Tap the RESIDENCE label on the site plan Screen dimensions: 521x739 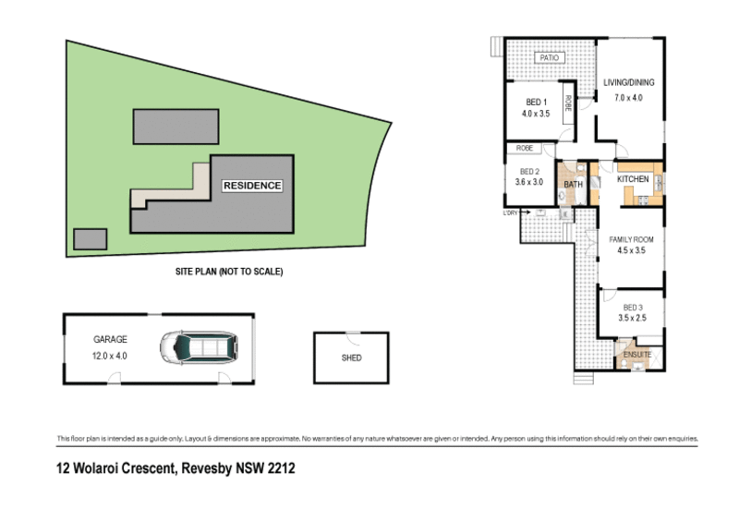252,186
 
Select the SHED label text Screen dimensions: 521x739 351,357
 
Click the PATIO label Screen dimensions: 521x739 551,58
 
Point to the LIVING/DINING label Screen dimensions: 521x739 628,83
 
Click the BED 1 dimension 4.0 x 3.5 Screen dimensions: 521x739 536,114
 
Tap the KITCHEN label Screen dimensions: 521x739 633,179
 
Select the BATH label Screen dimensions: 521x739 573,185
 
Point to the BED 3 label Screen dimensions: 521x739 632,308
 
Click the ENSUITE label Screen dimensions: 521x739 637,354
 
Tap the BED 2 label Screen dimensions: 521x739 529,171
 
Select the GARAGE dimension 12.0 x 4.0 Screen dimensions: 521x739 110,354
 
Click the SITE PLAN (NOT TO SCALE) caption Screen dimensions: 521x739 228,272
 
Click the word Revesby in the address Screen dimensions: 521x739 209,469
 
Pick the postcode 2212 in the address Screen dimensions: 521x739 281,469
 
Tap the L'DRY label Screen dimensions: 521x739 510,214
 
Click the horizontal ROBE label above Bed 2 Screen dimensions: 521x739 524,148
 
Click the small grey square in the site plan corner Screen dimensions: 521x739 90,238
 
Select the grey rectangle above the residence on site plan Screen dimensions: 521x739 176,126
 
